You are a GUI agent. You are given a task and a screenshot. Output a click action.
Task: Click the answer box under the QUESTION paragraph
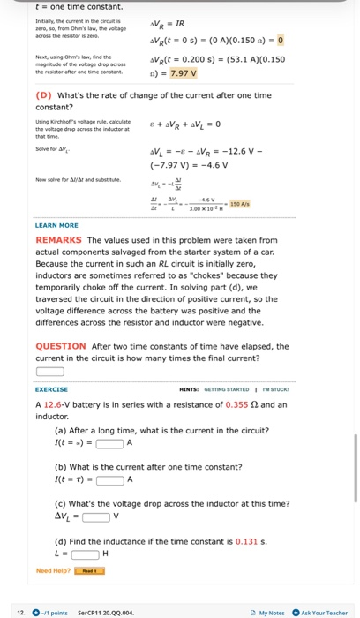49,372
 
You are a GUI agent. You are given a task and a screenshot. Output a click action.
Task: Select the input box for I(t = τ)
109,479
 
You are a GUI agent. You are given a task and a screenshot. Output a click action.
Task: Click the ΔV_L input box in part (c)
93,516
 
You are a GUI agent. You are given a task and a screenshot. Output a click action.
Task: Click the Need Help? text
55,570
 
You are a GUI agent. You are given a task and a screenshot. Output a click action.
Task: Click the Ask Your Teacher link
324,612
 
